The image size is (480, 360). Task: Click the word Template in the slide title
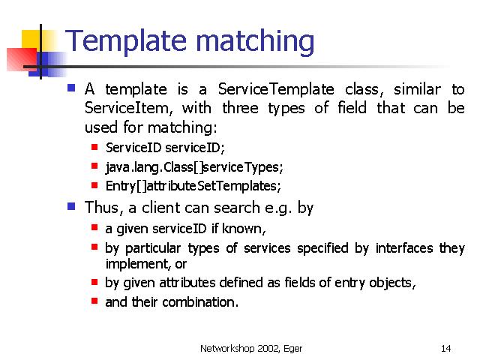click(126, 40)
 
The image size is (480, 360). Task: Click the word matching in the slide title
click(255, 42)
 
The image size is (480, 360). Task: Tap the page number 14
click(445, 348)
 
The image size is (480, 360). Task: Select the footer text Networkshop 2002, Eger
click(251, 349)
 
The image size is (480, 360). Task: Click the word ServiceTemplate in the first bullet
click(276, 89)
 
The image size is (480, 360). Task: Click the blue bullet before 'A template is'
click(71, 88)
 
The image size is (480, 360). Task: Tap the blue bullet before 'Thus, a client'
click(71, 206)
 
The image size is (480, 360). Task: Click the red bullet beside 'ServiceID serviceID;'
click(94, 147)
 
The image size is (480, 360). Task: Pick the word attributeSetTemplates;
click(214, 186)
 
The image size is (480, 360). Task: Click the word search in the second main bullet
click(237, 208)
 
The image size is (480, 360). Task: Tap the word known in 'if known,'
click(244, 229)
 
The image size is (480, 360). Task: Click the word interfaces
click(404, 248)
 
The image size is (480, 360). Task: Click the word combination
click(200, 302)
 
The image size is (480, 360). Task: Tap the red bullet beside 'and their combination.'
click(94, 301)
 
